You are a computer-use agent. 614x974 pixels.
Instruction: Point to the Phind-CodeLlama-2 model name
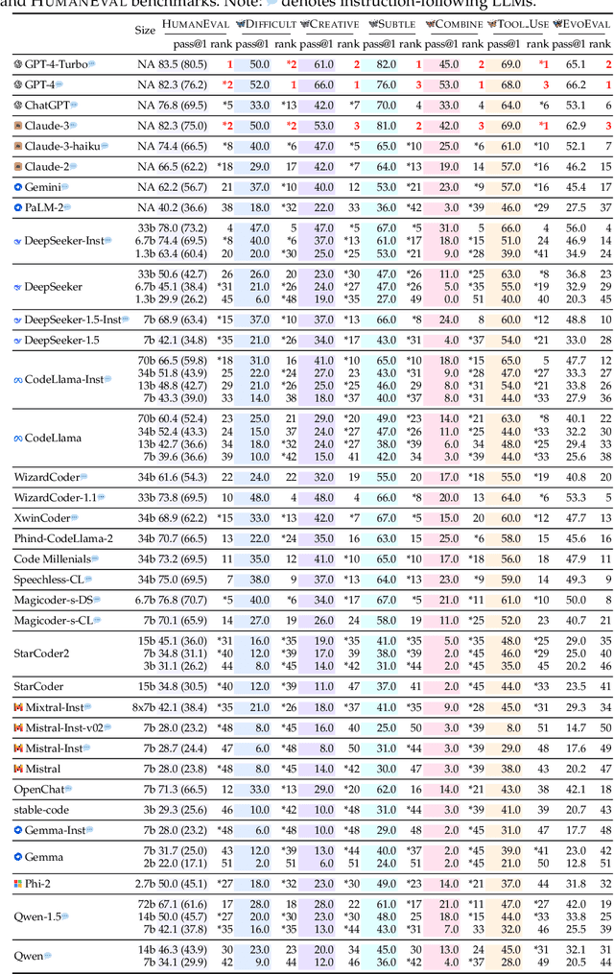coord(63,538)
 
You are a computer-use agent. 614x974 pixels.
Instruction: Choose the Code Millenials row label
coord(52,558)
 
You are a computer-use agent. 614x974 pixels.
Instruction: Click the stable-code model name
coord(41,810)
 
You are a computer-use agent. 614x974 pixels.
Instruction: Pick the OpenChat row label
coord(39,789)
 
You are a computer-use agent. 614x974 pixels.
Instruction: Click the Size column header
coord(145,30)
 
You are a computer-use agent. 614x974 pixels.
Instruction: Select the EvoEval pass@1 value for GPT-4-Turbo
coord(576,64)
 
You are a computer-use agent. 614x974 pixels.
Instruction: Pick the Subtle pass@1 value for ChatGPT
coord(387,105)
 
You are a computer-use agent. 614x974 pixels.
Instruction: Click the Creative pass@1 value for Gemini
coord(322,186)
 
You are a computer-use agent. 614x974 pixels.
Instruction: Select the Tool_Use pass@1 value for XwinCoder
coord(511,518)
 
